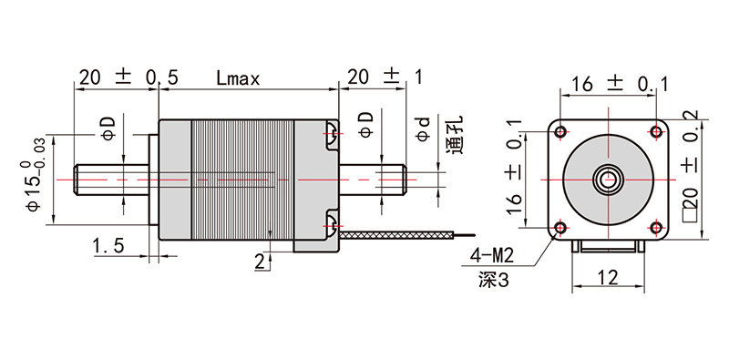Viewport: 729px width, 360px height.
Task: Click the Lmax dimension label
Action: point(238,78)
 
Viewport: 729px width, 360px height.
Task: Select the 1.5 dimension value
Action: point(108,245)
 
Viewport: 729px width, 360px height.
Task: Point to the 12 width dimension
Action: point(608,278)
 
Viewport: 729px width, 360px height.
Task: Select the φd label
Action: point(424,129)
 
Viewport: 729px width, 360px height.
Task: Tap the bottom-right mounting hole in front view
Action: point(656,228)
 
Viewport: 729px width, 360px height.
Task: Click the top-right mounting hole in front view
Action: point(656,131)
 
